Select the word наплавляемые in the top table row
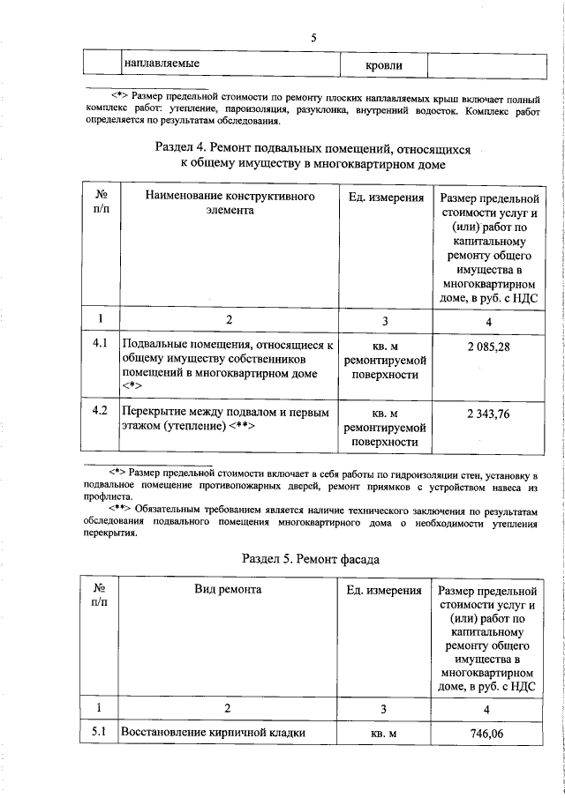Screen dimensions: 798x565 click(x=161, y=64)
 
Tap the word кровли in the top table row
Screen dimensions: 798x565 click(x=384, y=66)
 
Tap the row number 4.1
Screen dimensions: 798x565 click(x=100, y=343)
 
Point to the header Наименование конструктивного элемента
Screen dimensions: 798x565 click(x=230, y=204)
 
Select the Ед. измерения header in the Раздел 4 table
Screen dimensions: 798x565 click(x=385, y=198)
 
